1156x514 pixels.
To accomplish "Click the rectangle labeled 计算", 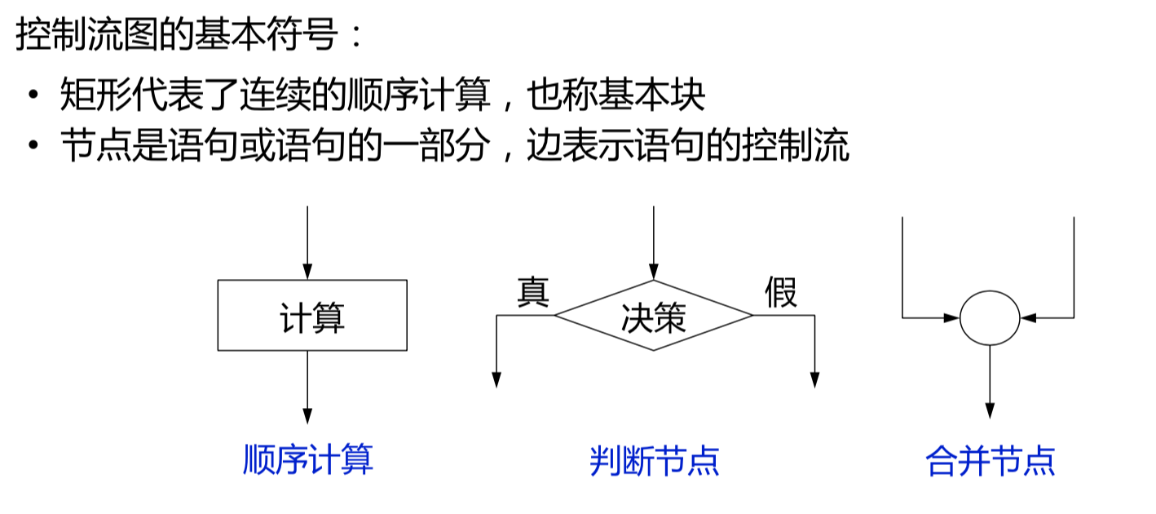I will (x=312, y=316).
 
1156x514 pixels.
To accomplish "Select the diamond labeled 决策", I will (x=653, y=316).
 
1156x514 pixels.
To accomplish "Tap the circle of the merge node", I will (x=990, y=317).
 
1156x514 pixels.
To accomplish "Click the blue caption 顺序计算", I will (x=308, y=460).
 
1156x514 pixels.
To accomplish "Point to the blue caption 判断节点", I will (x=655, y=460).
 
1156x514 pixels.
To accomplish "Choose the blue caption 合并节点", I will (x=991, y=460).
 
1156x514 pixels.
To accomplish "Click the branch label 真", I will (x=534, y=292).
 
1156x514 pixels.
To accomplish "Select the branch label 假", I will (x=780, y=292).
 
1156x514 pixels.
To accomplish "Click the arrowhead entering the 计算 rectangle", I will (x=307, y=273).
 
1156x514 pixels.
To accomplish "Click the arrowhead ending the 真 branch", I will (x=496, y=379).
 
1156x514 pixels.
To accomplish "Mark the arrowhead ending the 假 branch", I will (x=814, y=379).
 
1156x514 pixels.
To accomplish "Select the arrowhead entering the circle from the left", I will (x=951, y=317).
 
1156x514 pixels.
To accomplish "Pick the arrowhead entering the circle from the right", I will (x=1029, y=317).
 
